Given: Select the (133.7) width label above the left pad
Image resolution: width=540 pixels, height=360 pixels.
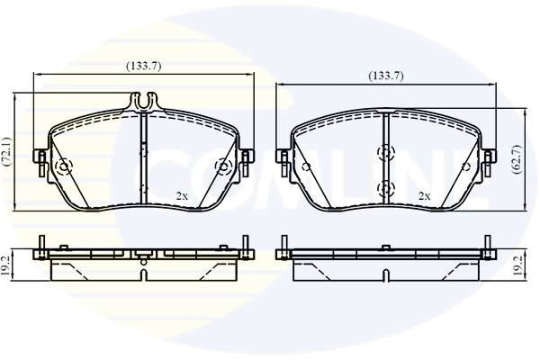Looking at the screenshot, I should [143, 65].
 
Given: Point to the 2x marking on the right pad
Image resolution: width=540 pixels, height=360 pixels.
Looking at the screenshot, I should [424, 195].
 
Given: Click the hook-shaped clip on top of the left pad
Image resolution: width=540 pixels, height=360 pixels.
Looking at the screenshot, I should [143, 102].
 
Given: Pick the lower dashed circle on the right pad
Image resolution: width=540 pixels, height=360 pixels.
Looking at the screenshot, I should [386, 187].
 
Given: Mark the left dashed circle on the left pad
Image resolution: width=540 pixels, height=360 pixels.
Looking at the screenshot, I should [63, 168].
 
